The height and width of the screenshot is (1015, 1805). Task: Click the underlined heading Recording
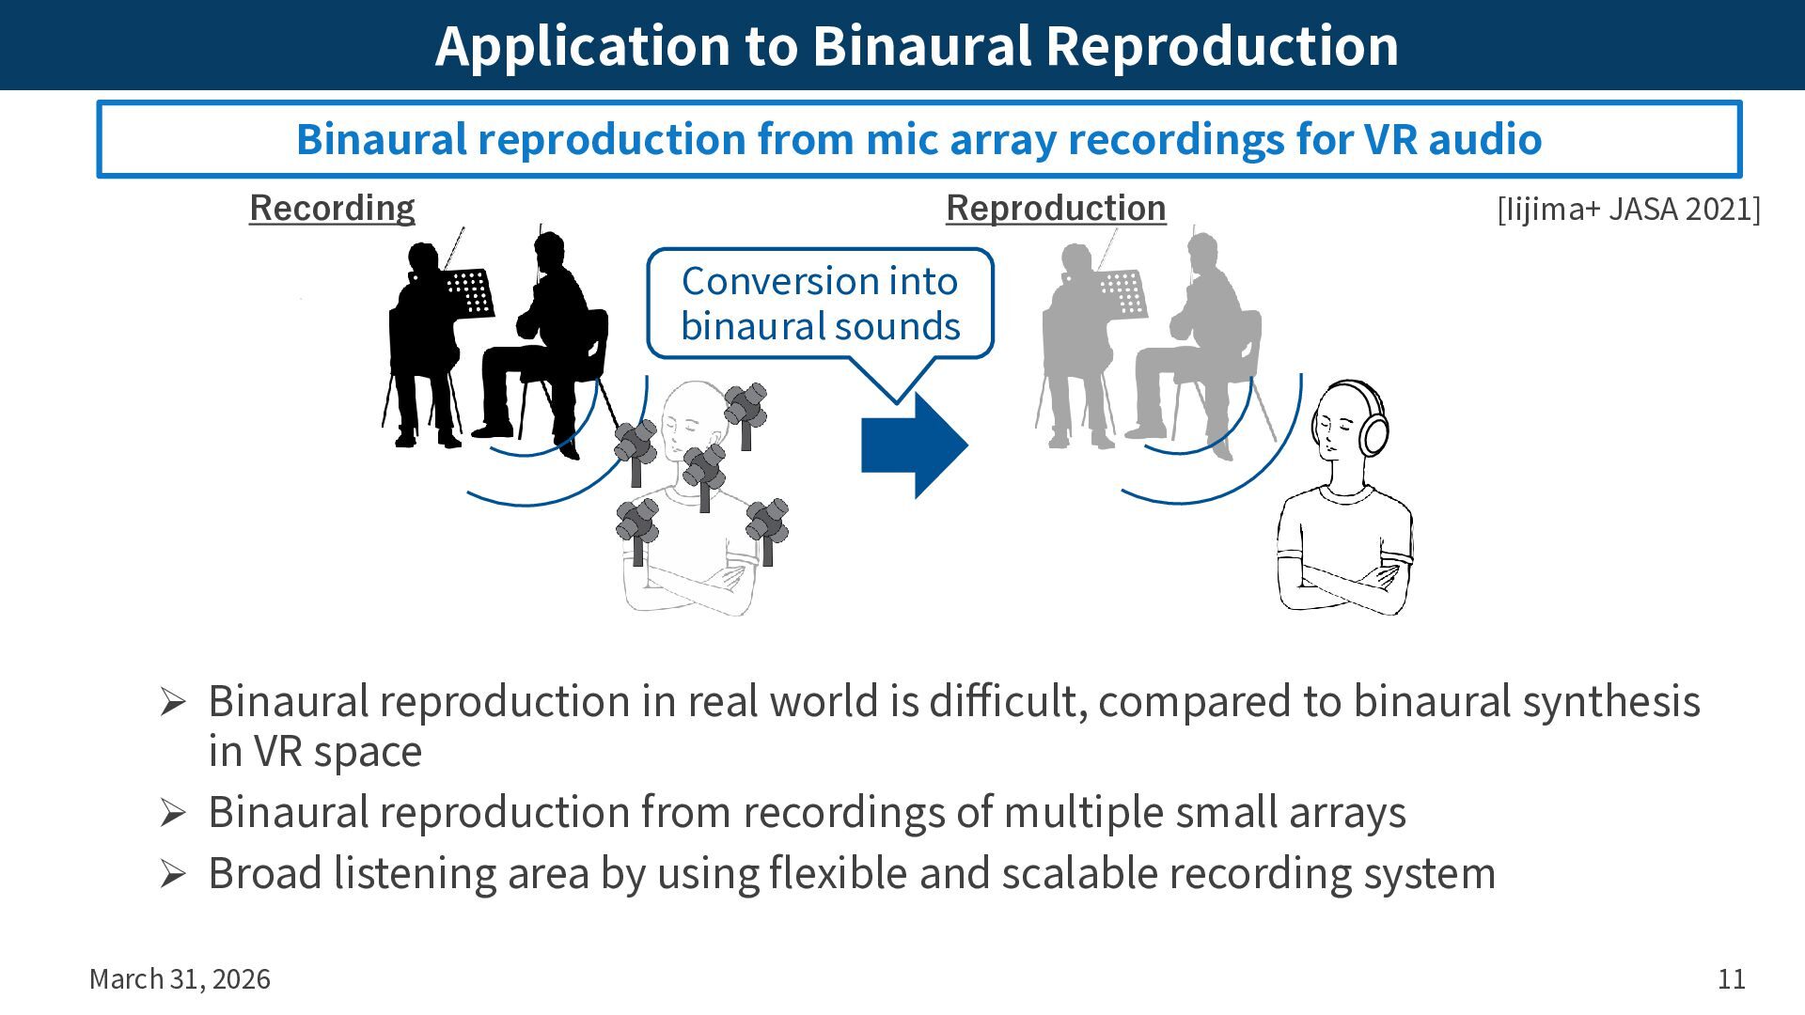pos(332,208)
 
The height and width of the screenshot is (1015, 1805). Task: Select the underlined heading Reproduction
pos(1056,208)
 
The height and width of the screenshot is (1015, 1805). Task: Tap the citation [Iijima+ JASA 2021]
pos(1628,209)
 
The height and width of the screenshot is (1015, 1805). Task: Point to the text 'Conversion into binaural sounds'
pos(820,304)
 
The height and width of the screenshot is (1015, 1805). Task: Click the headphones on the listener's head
pos(1373,429)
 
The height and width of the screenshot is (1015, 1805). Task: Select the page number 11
pos(1731,979)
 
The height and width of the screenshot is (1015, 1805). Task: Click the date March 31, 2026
pos(180,979)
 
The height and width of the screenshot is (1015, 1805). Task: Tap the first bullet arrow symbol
pos(173,702)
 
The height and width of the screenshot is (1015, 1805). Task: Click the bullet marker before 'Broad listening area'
pos(173,873)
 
